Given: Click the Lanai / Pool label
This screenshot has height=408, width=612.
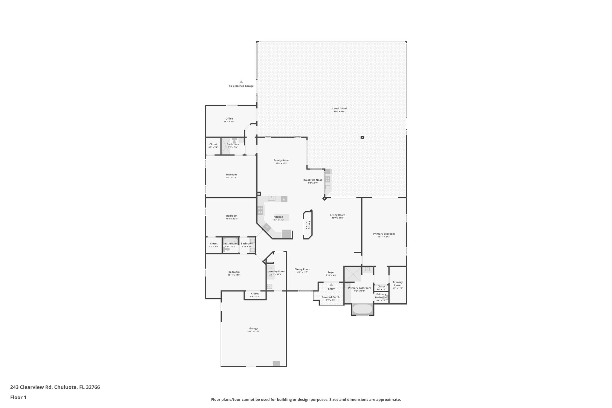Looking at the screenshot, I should click(339, 109).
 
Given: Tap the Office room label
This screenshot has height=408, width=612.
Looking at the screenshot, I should click(229, 119).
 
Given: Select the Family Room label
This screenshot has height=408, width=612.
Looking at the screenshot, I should click(281, 160).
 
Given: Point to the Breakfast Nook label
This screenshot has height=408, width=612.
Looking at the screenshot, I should click(313, 180).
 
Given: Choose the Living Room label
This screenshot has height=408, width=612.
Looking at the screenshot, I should click(337, 215).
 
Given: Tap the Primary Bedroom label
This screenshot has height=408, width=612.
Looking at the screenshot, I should click(384, 234).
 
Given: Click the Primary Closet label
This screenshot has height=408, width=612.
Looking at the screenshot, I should click(397, 283).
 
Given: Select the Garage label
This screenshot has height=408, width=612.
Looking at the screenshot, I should click(253, 328).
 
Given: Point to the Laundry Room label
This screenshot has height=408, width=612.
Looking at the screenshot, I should click(276, 271).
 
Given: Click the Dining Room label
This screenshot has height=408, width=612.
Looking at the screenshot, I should click(302, 269).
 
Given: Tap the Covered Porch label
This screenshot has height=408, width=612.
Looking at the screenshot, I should click(331, 297).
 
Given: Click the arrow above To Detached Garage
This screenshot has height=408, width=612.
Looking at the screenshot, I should click(241, 82).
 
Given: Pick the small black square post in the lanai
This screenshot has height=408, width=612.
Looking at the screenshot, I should click(362, 137).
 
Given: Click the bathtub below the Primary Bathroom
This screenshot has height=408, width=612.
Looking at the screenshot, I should click(362, 309).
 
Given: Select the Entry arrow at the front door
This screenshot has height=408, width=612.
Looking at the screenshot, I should click(331, 285).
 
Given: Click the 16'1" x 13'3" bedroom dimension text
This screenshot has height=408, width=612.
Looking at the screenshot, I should click(231, 178).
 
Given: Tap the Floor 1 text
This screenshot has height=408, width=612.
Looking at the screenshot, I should click(18, 398).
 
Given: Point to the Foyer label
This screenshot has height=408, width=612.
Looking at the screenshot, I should click(331, 272).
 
